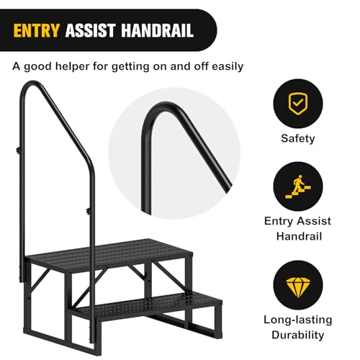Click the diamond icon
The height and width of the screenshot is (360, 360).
[297, 287]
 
